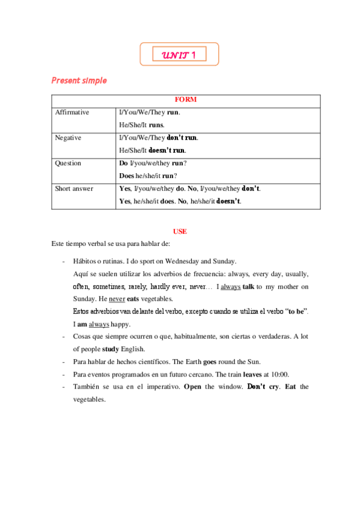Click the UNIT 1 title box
179,55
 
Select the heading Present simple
79,80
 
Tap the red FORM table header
186,100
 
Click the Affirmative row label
72,112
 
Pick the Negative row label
68,138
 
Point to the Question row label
68,163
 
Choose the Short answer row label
74,188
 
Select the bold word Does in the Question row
127,176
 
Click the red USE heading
180,231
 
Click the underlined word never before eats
117,299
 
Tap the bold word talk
248,286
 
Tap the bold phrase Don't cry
263,386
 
